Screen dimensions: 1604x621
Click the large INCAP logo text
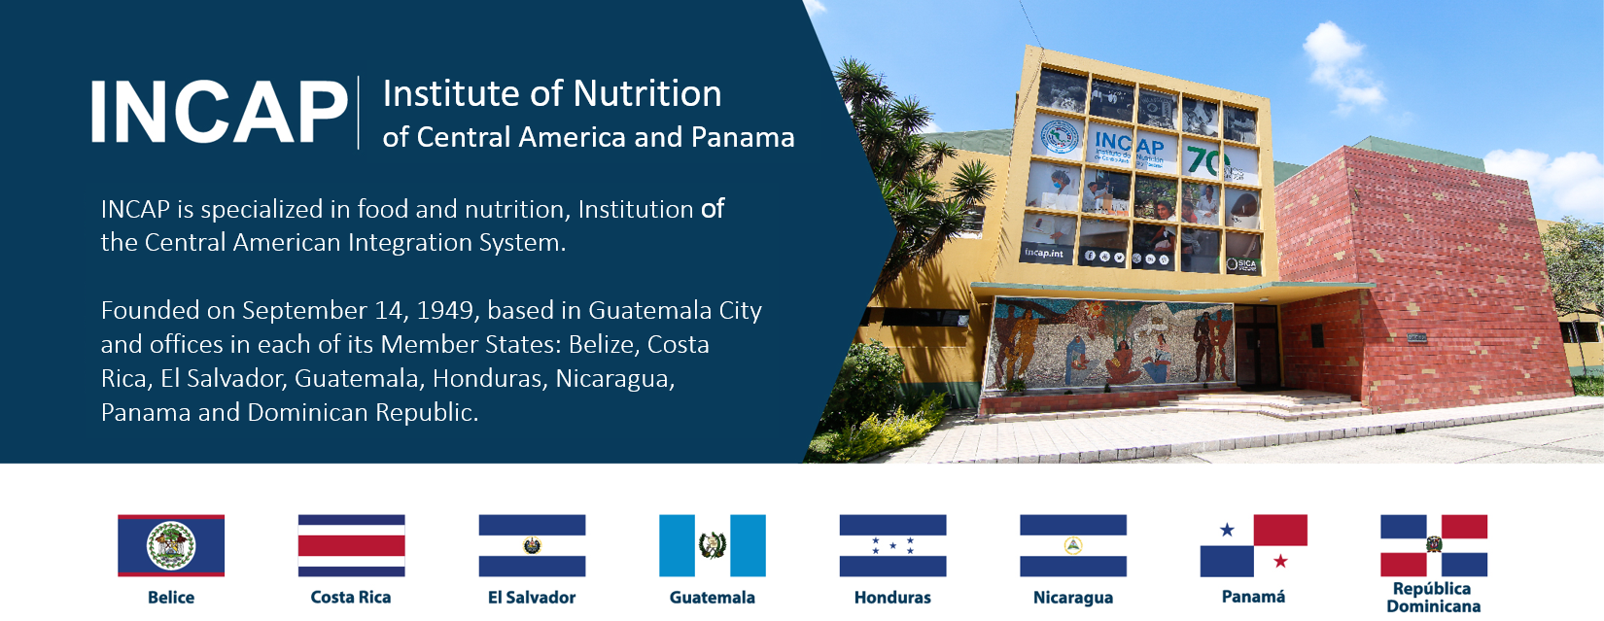click(x=219, y=113)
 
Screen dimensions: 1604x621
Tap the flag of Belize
click(x=171, y=545)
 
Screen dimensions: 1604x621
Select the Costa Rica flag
click(x=352, y=545)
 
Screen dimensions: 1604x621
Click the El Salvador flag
click(x=532, y=545)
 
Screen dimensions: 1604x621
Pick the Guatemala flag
click(x=713, y=545)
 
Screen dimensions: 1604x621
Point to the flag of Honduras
click(x=893, y=545)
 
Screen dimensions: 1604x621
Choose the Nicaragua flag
click(x=1073, y=545)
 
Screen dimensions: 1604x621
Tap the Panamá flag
click(x=1254, y=545)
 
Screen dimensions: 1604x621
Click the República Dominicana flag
click(x=1434, y=545)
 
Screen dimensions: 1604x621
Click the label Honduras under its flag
click(x=893, y=598)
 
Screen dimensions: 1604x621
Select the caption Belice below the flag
click(x=171, y=598)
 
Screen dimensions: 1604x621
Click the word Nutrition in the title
click(x=647, y=94)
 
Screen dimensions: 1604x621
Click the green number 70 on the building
click(x=1206, y=160)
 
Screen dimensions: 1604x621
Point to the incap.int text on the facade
click(x=1043, y=253)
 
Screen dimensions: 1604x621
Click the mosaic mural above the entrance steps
click(x=1110, y=345)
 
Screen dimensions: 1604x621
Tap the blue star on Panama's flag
click(x=1228, y=530)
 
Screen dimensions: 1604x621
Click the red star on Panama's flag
click(x=1280, y=561)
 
